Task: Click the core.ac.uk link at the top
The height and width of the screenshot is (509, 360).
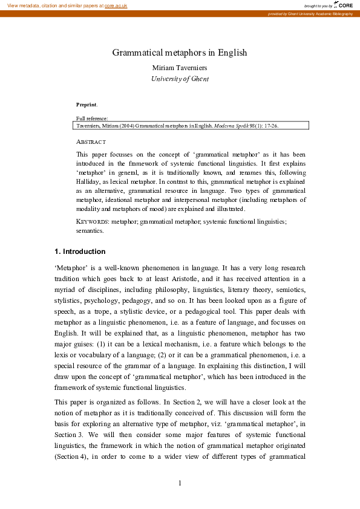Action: (116, 5)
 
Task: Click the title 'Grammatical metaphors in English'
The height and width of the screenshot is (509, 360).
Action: (180, 53)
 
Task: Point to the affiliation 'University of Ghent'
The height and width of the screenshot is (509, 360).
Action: (180, 79)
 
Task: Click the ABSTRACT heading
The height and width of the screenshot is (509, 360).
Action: (91, 142)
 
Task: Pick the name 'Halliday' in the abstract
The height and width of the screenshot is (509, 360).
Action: (90, 181)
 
